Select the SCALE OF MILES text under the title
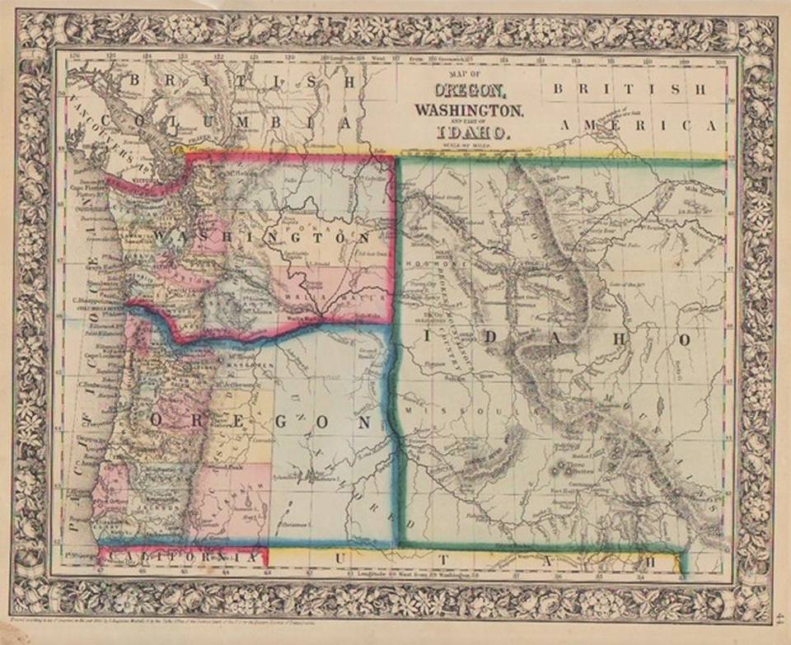pyautogui.click(x=467, y=145)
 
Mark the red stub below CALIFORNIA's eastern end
pyautogui.click(x=265, y=560)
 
